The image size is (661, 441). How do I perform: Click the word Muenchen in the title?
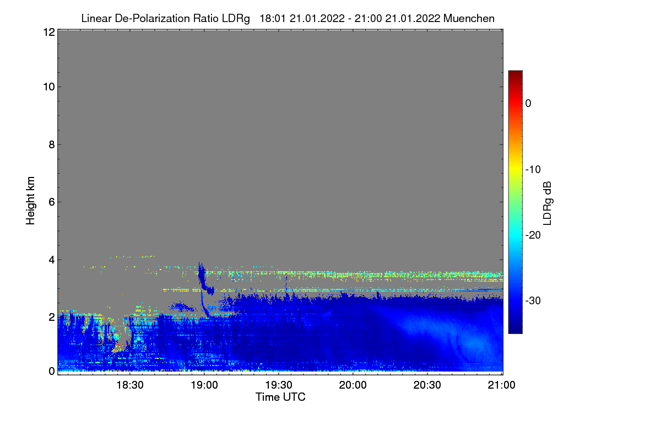tap(469, 19)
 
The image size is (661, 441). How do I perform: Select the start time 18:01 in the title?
tap(273, 19)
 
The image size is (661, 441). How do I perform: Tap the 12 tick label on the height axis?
tap(49, 32)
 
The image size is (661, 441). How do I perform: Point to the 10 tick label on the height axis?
tap(49, 87)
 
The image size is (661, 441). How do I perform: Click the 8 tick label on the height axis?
tap(52, 145)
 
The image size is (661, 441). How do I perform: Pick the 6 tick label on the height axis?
tap(52, 202)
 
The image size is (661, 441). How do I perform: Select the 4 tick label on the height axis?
tap(52, 260)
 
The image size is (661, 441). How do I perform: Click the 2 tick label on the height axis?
tap(52, 318)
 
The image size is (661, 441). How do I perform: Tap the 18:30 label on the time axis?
tap(130, 385)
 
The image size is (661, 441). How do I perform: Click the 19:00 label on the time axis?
tap(204, 385)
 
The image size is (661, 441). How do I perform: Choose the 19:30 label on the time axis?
tap(279, 385)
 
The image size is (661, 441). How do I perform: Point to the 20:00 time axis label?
tap(353, 385)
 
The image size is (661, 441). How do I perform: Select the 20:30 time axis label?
tap(427, 385)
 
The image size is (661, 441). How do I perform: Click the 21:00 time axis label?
tap(501, 385)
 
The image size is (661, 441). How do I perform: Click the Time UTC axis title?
tap(280, 397)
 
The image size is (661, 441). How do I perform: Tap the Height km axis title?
tap(30, 201)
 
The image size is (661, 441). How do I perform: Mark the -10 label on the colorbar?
tap(533, 170)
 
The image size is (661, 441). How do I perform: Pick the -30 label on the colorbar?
tap(533, 300)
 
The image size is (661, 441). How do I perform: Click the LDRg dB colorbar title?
tap(548, 203)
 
